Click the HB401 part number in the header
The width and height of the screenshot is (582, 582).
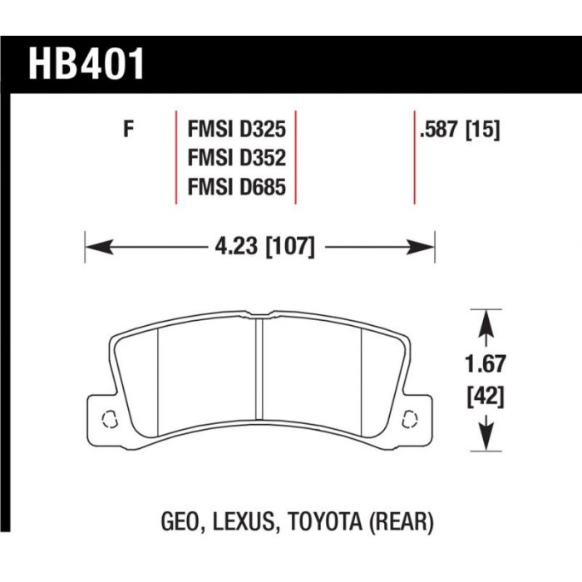pos(86,64)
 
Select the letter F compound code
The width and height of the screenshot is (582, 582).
pos(128,130)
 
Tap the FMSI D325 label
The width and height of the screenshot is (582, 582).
pos(237,130)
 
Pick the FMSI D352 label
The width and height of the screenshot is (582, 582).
pos(237,158)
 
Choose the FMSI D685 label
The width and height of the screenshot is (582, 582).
pos(237,187)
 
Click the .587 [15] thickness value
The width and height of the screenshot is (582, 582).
pos(460,130)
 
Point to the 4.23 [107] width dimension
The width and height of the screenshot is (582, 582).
pos(265,246)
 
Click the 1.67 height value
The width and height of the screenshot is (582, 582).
pos(486,364)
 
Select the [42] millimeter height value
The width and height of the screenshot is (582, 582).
pos(486,397)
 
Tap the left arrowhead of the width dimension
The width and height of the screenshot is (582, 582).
pos(99,247)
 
